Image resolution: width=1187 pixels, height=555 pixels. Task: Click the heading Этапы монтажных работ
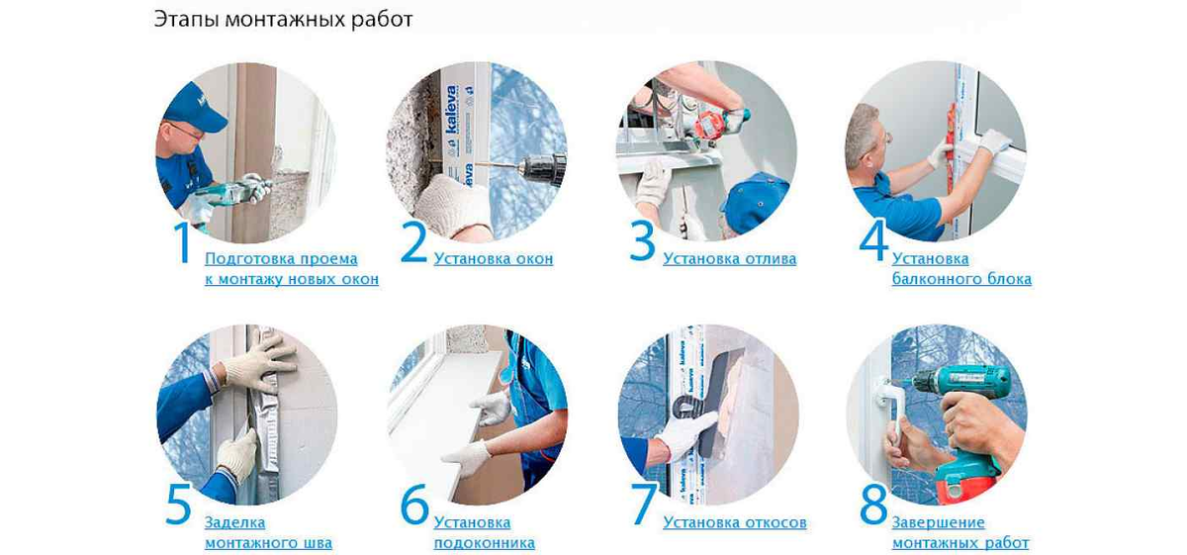point(283,20)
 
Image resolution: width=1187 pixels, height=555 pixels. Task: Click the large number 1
point(183,242)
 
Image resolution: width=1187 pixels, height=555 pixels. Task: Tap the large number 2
point(413,241)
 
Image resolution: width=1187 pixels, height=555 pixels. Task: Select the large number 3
point(642,241)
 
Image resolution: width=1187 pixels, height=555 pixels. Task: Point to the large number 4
point(873,241)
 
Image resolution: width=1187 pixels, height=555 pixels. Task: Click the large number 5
point(179,506)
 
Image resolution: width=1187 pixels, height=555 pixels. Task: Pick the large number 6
point(414,506)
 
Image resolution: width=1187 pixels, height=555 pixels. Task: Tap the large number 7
point(643,506)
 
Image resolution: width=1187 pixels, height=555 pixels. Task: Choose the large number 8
point(873,506)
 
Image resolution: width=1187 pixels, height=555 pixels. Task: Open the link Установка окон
point(494,258)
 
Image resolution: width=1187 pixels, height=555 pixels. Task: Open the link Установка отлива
point(729,258)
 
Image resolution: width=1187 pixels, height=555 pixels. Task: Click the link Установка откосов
point(734,522)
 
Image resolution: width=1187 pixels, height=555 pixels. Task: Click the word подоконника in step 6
point(485,543)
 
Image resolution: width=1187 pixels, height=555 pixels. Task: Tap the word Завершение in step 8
point(938,522)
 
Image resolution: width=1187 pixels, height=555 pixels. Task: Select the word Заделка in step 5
point(234,522)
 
